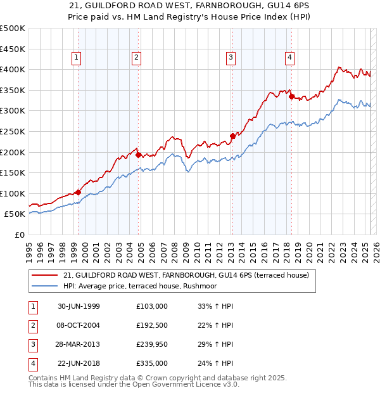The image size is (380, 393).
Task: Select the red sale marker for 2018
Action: click(291, 97)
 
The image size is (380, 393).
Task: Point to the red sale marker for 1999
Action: click(79, 192)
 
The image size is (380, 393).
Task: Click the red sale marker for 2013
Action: click(232, 136)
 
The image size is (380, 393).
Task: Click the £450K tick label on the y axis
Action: click(13, 49)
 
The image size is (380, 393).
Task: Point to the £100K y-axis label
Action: click(13, 193)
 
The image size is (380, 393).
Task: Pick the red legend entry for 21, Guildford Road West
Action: click(186, 275)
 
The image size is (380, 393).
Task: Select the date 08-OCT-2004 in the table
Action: click(79, 325)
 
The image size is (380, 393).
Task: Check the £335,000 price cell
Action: click(152, 363)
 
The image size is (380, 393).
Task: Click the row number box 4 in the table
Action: click(32, 363)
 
